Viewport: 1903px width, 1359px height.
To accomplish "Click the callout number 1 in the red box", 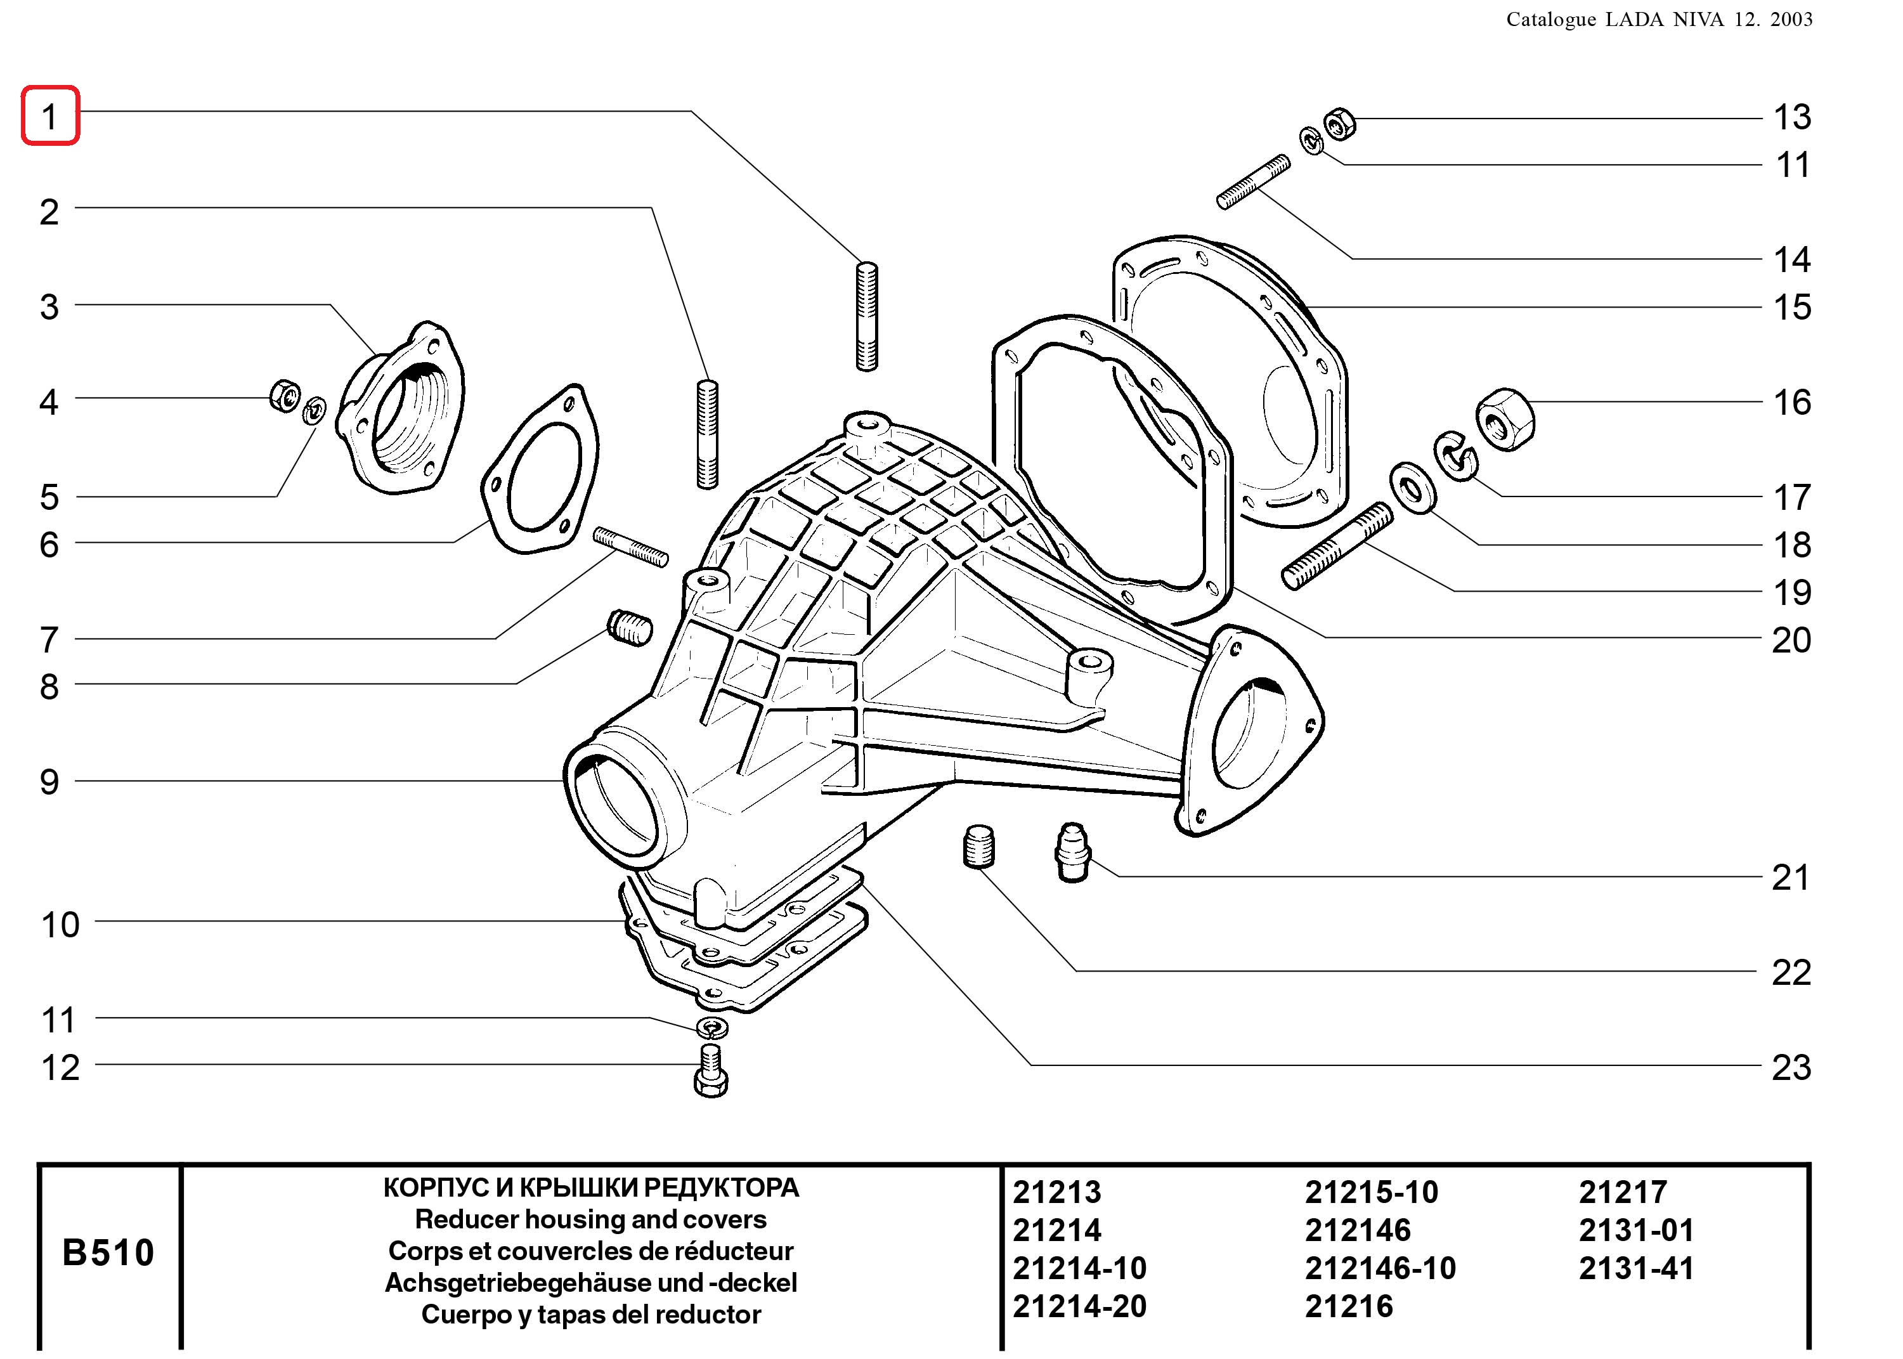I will (49, 116).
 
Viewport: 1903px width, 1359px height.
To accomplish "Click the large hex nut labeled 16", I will (1504, 419).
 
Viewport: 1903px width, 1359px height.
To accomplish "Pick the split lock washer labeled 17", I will (1457, 456).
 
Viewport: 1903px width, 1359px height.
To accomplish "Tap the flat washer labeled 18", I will (1413, 487).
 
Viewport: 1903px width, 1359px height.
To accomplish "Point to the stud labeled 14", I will (1253, 181).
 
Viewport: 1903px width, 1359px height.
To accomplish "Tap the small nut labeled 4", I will (285, 395).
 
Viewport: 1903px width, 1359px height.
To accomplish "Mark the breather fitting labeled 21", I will (1072, 851).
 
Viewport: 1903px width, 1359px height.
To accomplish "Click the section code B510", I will (108, 1252).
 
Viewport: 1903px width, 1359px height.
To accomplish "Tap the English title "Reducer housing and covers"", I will (591, 1219).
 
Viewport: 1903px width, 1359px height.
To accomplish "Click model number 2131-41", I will (1636, 1268).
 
